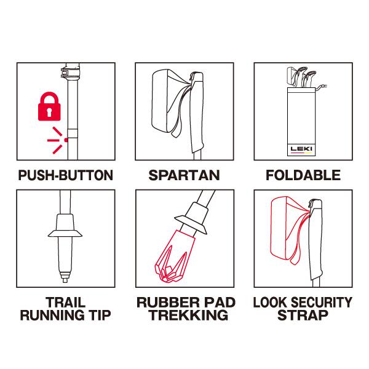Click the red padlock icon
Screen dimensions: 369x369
[x=49, y=106]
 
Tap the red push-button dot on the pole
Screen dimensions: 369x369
[x=66, y=140]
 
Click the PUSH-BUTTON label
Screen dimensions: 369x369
[x=66, y=175]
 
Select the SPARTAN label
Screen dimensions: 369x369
[x=184, y=175]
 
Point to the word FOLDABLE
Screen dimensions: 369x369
[x=303, y=175]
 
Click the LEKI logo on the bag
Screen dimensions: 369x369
[x=301, y=149]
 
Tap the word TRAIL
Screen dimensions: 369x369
[x=66, y=303]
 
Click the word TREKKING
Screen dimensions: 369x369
[x=189, y=315]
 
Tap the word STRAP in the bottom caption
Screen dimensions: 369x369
[x=303, y=315]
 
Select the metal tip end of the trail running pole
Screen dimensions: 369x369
[x=65, y=277]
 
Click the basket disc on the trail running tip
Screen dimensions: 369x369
[x=65, y=234]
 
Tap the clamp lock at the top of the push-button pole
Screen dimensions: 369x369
[x=70, y=72]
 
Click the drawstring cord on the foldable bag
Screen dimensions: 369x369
[x=322, y=87]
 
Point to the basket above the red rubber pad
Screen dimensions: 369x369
[x=191, y=224]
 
